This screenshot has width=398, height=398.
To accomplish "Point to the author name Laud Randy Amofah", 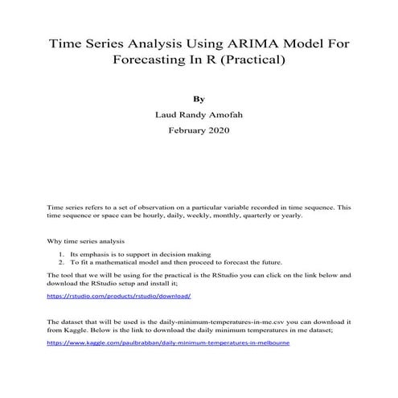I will [199, 114].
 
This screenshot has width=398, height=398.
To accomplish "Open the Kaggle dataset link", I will [168, 343].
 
